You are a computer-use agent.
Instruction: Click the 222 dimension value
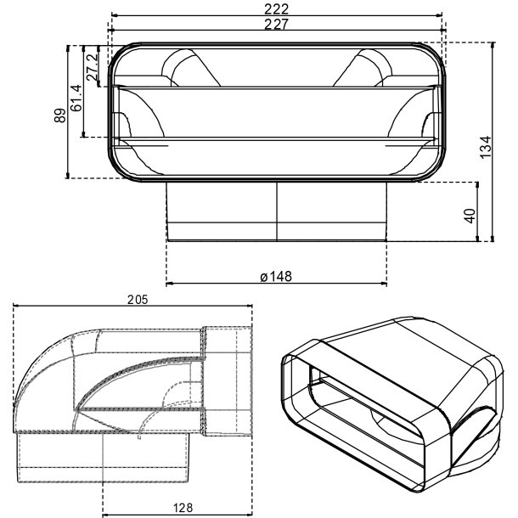click(276, 9)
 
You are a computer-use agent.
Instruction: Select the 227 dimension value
click(276, 24)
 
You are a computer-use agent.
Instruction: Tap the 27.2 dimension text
click(93, 67)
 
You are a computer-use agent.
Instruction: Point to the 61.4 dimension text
click(76, 99)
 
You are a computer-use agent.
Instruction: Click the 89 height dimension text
click(60, 115)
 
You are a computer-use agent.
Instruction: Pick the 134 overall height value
click(486, 148)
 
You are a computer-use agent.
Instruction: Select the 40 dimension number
click(470, 216)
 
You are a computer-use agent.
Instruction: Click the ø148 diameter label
click(276, 277)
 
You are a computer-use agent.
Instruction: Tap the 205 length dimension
click(138, 300)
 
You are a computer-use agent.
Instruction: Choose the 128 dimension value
click(183, 508)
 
